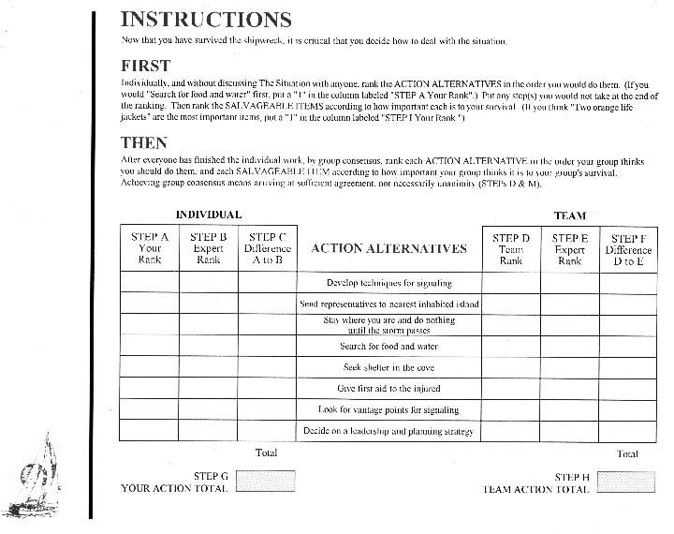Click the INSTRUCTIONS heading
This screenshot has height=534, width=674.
point(206,19)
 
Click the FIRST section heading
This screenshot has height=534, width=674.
point(146,66)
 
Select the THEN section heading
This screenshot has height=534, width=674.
point(144,142)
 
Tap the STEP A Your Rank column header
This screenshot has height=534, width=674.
point(150,248)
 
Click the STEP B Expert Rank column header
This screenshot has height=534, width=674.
point(209,248)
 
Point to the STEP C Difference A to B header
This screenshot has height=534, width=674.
point(267,248)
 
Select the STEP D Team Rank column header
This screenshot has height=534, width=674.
point(511,249)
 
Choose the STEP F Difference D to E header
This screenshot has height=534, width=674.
point(628,249)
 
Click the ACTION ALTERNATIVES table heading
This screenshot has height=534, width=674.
point(388,249)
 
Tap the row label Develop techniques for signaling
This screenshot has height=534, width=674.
point(388,282)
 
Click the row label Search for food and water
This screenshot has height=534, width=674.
point(388,347)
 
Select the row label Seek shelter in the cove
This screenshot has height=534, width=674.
point(388,367)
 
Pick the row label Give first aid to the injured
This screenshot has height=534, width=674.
point(388,389)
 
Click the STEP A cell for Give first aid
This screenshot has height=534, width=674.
point(150,389)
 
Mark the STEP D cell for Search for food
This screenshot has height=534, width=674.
point(511,347)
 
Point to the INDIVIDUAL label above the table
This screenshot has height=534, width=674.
point(209,215)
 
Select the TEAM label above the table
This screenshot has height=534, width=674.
point(569,215)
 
